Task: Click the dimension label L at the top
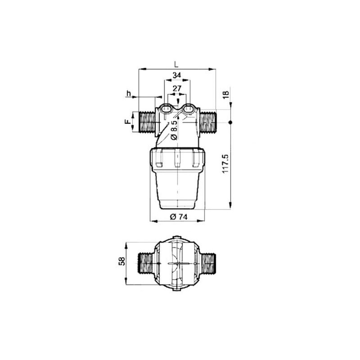coord(176,64)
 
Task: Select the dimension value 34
coord(177,75)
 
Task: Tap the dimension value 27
coord(177,88)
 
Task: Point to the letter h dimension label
coord(129,94)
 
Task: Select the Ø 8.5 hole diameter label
coord(174,130)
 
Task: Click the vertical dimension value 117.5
coord(226,163)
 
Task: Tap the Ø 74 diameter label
coord(179,216)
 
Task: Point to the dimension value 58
coord(121,261)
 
